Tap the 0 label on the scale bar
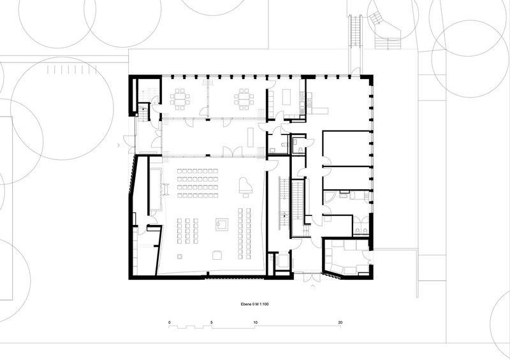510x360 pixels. pos(170,322)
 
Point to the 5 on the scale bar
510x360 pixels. pos(212,322)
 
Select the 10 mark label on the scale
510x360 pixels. pos(256,322)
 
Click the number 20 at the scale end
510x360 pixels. pos(340,322)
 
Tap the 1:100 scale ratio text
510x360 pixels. pos(264,305)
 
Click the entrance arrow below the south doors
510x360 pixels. pos(313,286)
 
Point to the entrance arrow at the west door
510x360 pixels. pos(119,145)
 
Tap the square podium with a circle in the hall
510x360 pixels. pos(221,224)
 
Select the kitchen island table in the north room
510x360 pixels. pos(286,97)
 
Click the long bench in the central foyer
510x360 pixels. pos(250,137)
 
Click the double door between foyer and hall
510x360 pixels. pos(232,152)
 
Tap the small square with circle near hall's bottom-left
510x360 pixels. pos(179,257)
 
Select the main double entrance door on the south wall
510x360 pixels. pos(312,277)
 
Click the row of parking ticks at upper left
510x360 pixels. pos(72,69)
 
